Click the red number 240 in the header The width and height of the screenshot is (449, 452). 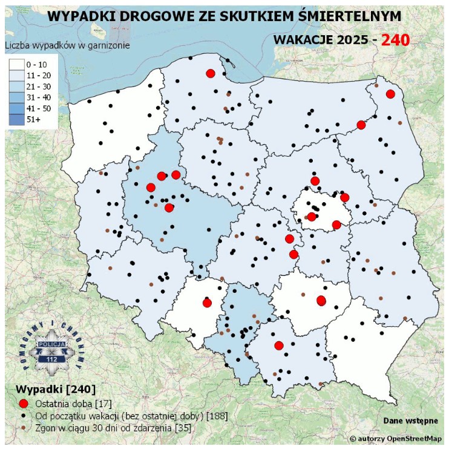tap(395, 40)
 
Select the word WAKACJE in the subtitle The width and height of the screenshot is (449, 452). tap(301, 40)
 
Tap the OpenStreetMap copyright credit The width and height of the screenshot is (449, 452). tap(397, 437)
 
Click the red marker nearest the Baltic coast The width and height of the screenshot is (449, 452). tap(211, 73)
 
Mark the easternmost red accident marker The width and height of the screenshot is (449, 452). tap(390, 94)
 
